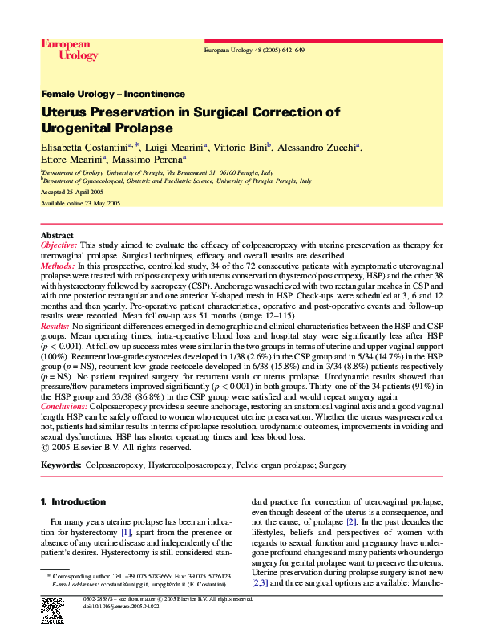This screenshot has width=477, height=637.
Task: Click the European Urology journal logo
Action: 69,50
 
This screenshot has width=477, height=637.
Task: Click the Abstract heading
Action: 57,234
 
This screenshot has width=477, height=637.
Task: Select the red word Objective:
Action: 59,244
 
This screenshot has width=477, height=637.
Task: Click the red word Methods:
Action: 58,264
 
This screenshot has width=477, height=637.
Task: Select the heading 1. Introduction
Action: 73,501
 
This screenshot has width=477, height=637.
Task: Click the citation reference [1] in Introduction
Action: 125,533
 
